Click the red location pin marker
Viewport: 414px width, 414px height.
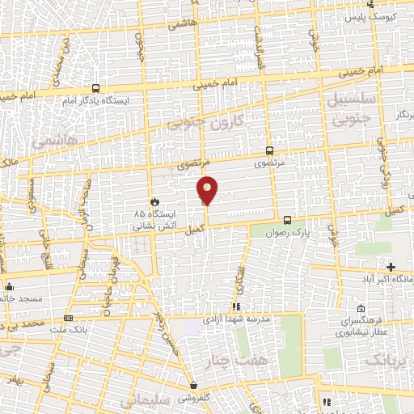(x=208, y=191)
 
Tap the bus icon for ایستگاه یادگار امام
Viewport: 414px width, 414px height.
(x=96, y=89)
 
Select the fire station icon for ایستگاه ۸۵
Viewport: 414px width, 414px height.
(x=154, y=201)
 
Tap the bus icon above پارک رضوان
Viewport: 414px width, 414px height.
(x=287, y=219)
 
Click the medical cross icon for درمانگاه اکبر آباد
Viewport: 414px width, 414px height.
(x=391, y=266)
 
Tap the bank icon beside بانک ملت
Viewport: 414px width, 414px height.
(x=68, y=318)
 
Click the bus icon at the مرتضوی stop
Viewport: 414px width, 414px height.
(x=269, y=150)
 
